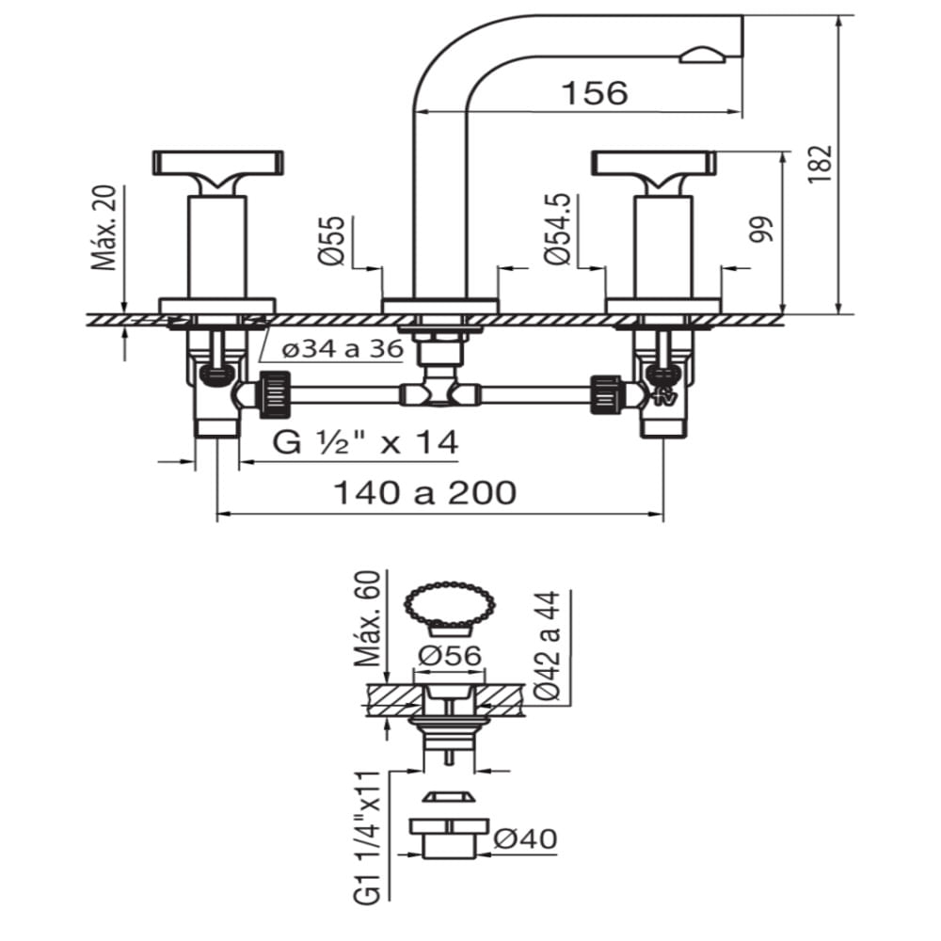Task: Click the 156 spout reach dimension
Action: pos(594,93)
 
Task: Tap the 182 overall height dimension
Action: pos(821,164)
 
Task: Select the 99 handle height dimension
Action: pos(761,230)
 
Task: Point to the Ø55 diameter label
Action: pos(332,240)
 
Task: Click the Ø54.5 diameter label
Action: pos(557,229)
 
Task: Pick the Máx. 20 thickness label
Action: pos(104,228)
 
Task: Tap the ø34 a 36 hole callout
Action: pos(343,348)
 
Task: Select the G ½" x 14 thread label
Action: pos(365,443)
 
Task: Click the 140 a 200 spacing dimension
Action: pos(424,493)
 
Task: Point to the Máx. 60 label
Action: pos(367,619)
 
